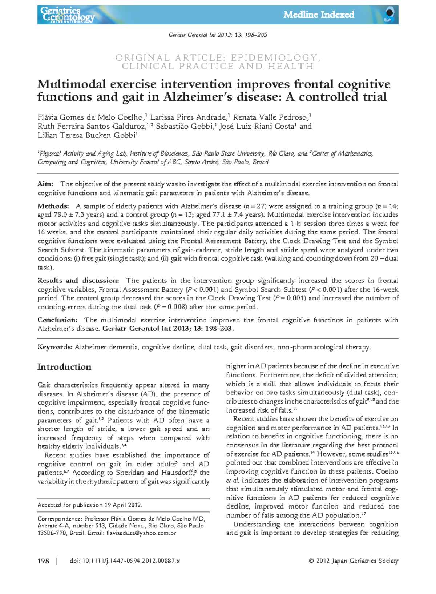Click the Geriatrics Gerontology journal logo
pyautogui.click(x=67, y=15)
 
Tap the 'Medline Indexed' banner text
pyautogui.click(x=319, y=15)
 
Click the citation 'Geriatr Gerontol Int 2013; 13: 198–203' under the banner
pyautogui.click(x=218, y=35)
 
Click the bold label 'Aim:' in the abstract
pyautogui.click(x=45, y=184)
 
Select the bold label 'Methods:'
pyautogui.click(x=53, y=206)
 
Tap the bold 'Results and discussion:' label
pyautogui.click(x=78, y=281)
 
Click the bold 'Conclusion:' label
pyautogui.click(x=57, y=320)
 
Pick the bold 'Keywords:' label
pyautogui.click(x=55, y=347)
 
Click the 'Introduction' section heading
pyautogui.click(x=64, y=367)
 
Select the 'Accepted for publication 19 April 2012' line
pyautogui.click(x=90, y=505)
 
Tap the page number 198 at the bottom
pyautogui.click(x=43, y=561)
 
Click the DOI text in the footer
pyautogui.click(x=125, y=561)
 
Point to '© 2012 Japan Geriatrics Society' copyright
pyautogui.click(x=353, y=561)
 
